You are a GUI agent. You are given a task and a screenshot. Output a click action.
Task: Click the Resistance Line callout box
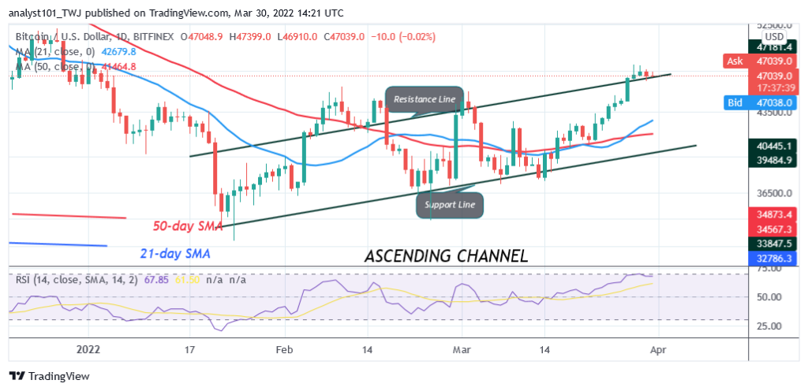[x=425, y=100]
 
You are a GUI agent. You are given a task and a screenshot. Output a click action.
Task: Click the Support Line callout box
[x=451, y=206]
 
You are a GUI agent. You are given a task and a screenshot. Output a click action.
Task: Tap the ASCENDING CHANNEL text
[x=445, y=255]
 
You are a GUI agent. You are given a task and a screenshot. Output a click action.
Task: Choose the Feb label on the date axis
[x=284, y=348]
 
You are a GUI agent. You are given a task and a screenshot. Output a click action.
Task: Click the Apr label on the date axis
[x=657, y=348]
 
